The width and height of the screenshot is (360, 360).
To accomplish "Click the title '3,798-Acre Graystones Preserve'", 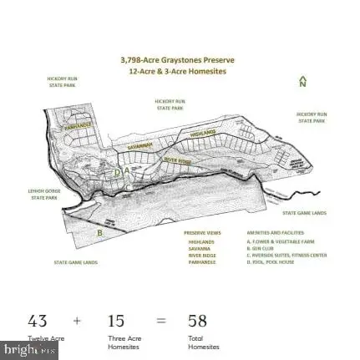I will pyautogui.click(x=178, y=60).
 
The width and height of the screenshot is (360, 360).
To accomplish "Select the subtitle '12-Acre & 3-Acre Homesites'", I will pyautogui.click(x=178, y=71).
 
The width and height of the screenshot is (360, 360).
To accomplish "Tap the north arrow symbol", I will pyautogui.click(x=302, y=82).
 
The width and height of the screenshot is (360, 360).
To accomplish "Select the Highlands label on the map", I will pyautogui.click(x=203, y=133).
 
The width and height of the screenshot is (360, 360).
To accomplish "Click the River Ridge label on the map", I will pyautogui.click(x=177, y=159).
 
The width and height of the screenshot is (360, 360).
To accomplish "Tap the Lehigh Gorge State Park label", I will pyautogui.click(x=43, y=195).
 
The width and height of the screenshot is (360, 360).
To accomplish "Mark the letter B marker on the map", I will pyautogui.click(x=99, y=233).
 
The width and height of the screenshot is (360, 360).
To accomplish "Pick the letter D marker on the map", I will pyautogui.click(x=118, y=172).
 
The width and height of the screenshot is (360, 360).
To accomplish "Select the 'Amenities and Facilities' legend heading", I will pyautogui.click(x=264, y=233).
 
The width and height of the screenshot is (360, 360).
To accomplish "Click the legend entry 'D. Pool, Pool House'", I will pyautogui.click(x=265, y=261).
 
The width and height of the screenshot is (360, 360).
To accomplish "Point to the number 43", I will pyautogui.click(x=37, y=321).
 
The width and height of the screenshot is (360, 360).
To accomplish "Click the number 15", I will pyautogui.click(x=115, y=321).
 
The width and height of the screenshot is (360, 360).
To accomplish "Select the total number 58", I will pyautogui.click(x=197, y=321).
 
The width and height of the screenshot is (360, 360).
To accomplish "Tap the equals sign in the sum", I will pyautogui.click(x=160, y=321).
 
